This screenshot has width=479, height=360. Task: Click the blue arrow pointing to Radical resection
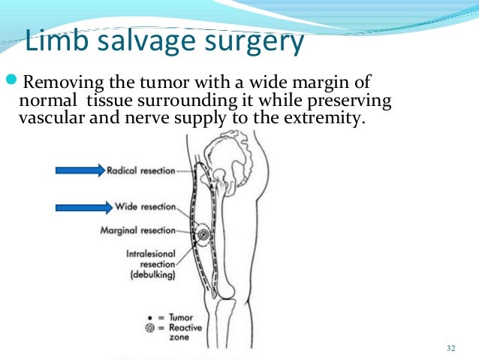(80, 171)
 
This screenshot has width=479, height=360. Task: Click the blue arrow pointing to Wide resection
(80, 205)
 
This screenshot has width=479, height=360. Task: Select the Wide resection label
(146, 206)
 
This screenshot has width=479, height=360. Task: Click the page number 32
(450, 347)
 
